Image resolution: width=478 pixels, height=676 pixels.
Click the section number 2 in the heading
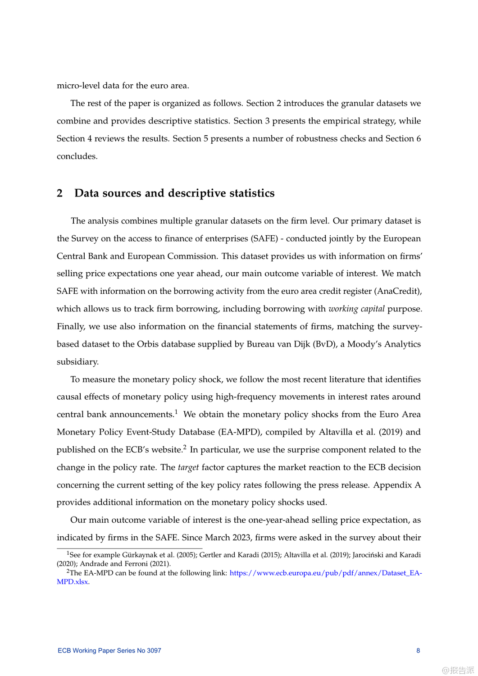tap(59, 193)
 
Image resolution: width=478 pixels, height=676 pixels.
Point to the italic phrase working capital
tap(356, 309)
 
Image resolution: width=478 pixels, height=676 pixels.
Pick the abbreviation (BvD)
tap(325, 344)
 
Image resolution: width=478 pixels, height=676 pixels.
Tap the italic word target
tap(188, 467)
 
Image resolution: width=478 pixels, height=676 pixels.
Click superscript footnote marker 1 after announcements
tap(176, 412)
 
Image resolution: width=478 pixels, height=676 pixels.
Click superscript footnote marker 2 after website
tap(185, 447)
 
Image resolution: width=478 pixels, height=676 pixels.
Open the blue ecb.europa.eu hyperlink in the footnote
tap(325, 573)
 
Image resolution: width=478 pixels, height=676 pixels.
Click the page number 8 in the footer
tap(418, 650)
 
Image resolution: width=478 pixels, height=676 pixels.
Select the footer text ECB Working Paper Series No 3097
tap(109, 650)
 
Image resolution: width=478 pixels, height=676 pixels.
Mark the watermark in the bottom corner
tap(458, 670)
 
